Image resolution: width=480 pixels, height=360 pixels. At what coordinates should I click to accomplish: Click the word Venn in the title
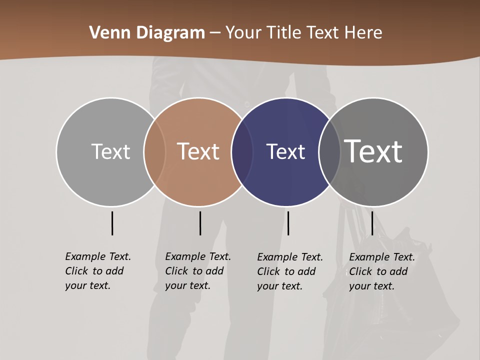point(105,33)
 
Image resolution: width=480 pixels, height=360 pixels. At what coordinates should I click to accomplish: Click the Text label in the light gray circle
point(110,151)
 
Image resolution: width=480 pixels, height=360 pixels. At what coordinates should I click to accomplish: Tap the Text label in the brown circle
point(198,151)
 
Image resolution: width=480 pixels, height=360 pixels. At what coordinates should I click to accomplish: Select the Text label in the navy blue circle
point(285,151)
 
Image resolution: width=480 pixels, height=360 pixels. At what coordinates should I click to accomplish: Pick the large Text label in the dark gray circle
point(373,151)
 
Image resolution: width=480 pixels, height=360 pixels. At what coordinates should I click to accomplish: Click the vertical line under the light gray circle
point(112,223)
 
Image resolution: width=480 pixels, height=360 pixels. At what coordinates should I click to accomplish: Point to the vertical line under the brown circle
point(200,223)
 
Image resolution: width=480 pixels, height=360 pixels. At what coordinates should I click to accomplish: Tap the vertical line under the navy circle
point(288,223)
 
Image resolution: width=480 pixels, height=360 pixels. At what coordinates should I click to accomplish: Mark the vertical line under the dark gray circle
point(372,223)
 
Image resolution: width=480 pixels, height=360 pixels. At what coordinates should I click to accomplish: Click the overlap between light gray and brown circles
point(154,152)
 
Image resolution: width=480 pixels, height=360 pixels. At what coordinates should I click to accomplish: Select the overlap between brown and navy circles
point(242,152)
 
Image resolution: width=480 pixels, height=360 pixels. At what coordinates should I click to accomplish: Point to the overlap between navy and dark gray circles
point(329,152)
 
